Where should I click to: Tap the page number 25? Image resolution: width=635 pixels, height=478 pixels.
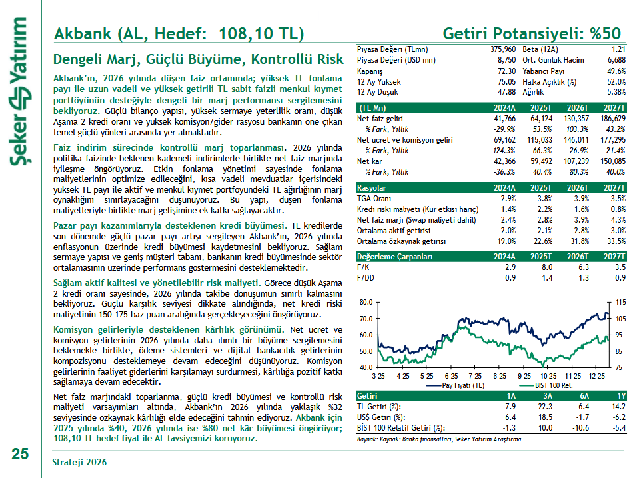pos(19,455)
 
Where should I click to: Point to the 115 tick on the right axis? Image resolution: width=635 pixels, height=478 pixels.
pos(619,302)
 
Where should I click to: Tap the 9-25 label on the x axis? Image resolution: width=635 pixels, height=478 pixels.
pos(524,376)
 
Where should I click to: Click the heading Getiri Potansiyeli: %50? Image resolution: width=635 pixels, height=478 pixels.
pos(532,34)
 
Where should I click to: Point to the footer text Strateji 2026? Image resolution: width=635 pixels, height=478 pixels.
pos(79,461)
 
